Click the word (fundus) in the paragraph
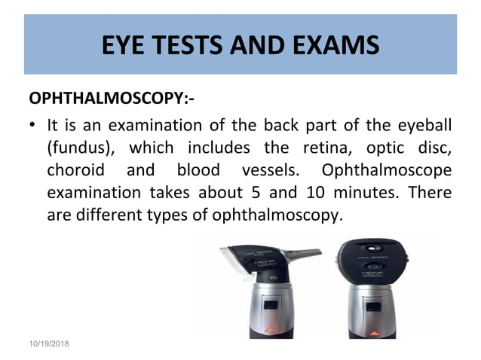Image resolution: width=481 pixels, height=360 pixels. tap(76, 148)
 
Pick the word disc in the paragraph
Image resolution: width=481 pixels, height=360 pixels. tap(438, 148)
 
